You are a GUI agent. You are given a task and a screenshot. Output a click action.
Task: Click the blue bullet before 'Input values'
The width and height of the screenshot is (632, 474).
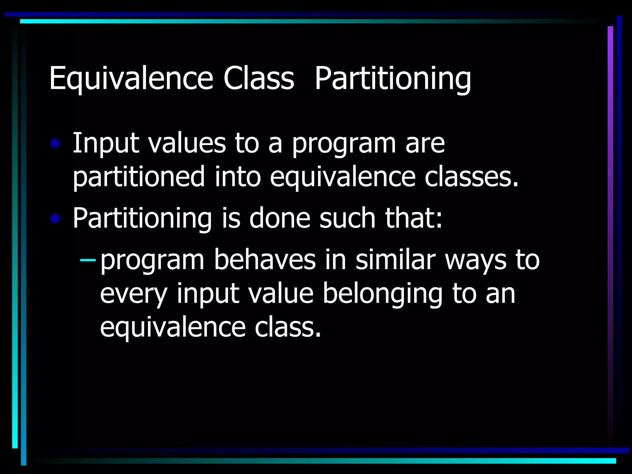point(55,143)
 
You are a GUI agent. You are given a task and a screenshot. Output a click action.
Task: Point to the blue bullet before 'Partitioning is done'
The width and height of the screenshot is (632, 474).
point(55,219)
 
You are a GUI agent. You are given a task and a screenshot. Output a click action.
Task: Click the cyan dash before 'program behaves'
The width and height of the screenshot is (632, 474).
point(88,260)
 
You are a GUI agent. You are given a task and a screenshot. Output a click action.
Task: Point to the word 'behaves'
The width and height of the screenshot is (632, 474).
point(265,260)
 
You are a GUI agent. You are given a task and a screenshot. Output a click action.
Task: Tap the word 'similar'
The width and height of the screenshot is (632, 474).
point(395,260)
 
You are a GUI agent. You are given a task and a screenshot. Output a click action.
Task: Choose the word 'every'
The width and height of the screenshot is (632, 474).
point(134,294)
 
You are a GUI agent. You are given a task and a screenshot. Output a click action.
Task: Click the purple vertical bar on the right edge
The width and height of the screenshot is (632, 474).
point(610,216)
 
